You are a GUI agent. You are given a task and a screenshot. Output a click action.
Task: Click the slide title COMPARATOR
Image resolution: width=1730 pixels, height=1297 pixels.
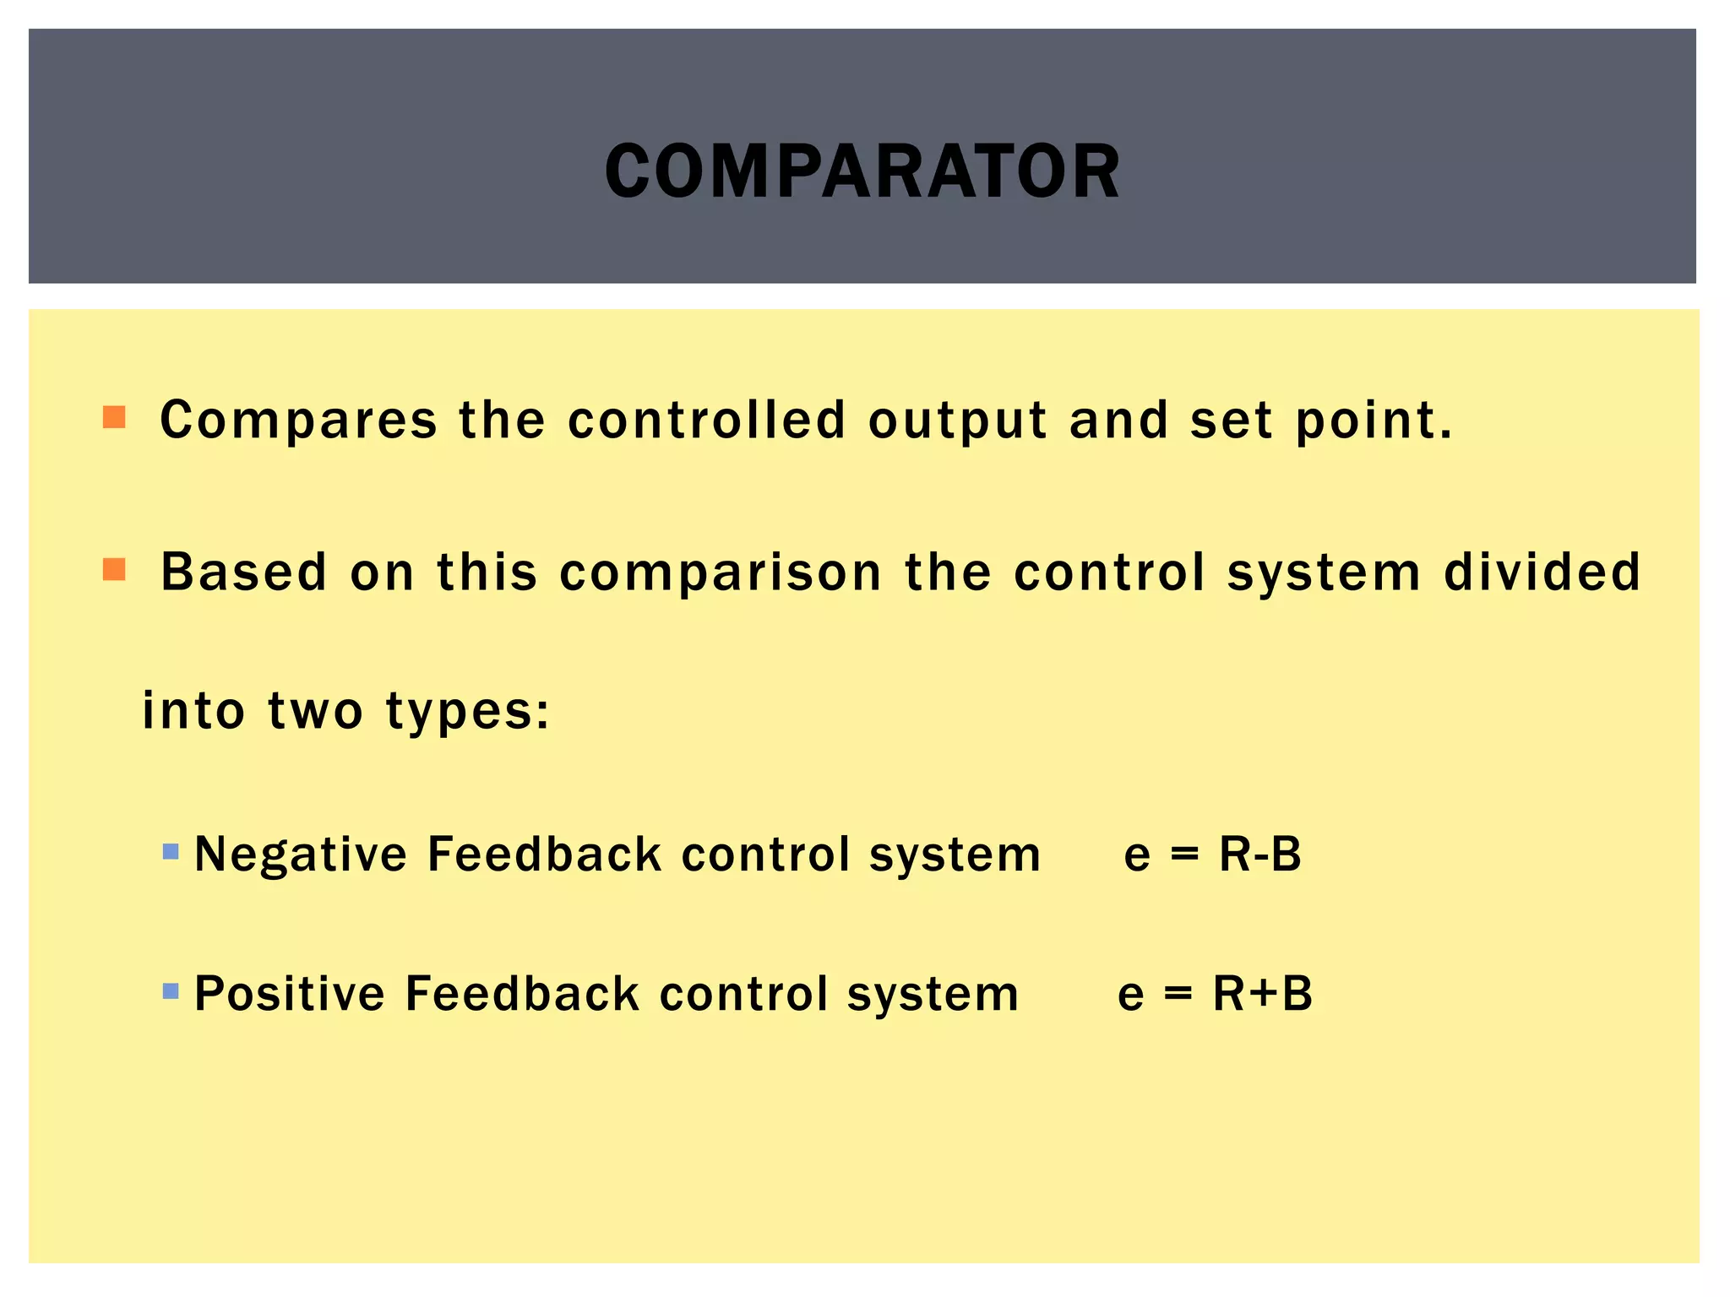pyautogui.click(x=862, y=171)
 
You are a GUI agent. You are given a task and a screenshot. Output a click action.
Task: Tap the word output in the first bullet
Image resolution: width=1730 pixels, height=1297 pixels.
pyautogui.click(x=957, y=421)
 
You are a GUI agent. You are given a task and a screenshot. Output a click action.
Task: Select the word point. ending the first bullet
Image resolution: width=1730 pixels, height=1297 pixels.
pyautogui.click(x=1374, y=421)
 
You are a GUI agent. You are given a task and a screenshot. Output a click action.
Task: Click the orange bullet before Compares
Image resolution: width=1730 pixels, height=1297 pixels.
pyautogui.click(x=114, y=417)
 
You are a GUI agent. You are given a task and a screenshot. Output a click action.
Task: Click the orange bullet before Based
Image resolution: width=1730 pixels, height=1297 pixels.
pyautogui.click(x=114, y=569)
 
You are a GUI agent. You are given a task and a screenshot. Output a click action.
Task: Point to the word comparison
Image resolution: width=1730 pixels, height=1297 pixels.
pyautogui.click(x=721, y=573)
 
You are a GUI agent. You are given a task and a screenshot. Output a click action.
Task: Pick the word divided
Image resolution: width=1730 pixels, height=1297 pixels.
pyautogui.click(x=1542, y=572)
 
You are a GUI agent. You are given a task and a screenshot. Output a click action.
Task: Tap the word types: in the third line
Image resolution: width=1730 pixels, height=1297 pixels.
pyautogui.click(x=468, y=711)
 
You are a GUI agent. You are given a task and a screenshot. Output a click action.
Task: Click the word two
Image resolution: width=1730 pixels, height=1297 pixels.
pyautogui.click(x=315, y=711)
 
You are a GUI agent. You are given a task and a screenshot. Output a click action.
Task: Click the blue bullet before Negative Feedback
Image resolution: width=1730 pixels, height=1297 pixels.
pyautogui.click(x=171, y=851)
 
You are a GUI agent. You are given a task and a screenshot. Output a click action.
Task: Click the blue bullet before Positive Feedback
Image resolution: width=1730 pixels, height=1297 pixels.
pyautogui.click(x=171, y=990)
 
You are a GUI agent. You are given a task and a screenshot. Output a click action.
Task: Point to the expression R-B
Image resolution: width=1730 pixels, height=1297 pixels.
pyautogui.click(x=1259, y=854)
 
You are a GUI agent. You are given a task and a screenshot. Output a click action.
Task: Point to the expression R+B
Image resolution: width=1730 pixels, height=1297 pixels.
pyautogui.click(x=1263, y=993)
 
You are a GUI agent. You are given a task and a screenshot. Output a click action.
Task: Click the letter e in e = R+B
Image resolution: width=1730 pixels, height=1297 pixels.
pyautogui.click(x=1130, y=995)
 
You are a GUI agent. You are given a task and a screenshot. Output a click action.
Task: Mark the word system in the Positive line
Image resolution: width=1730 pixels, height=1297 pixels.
pyautogui.click(x=933, y=994)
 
